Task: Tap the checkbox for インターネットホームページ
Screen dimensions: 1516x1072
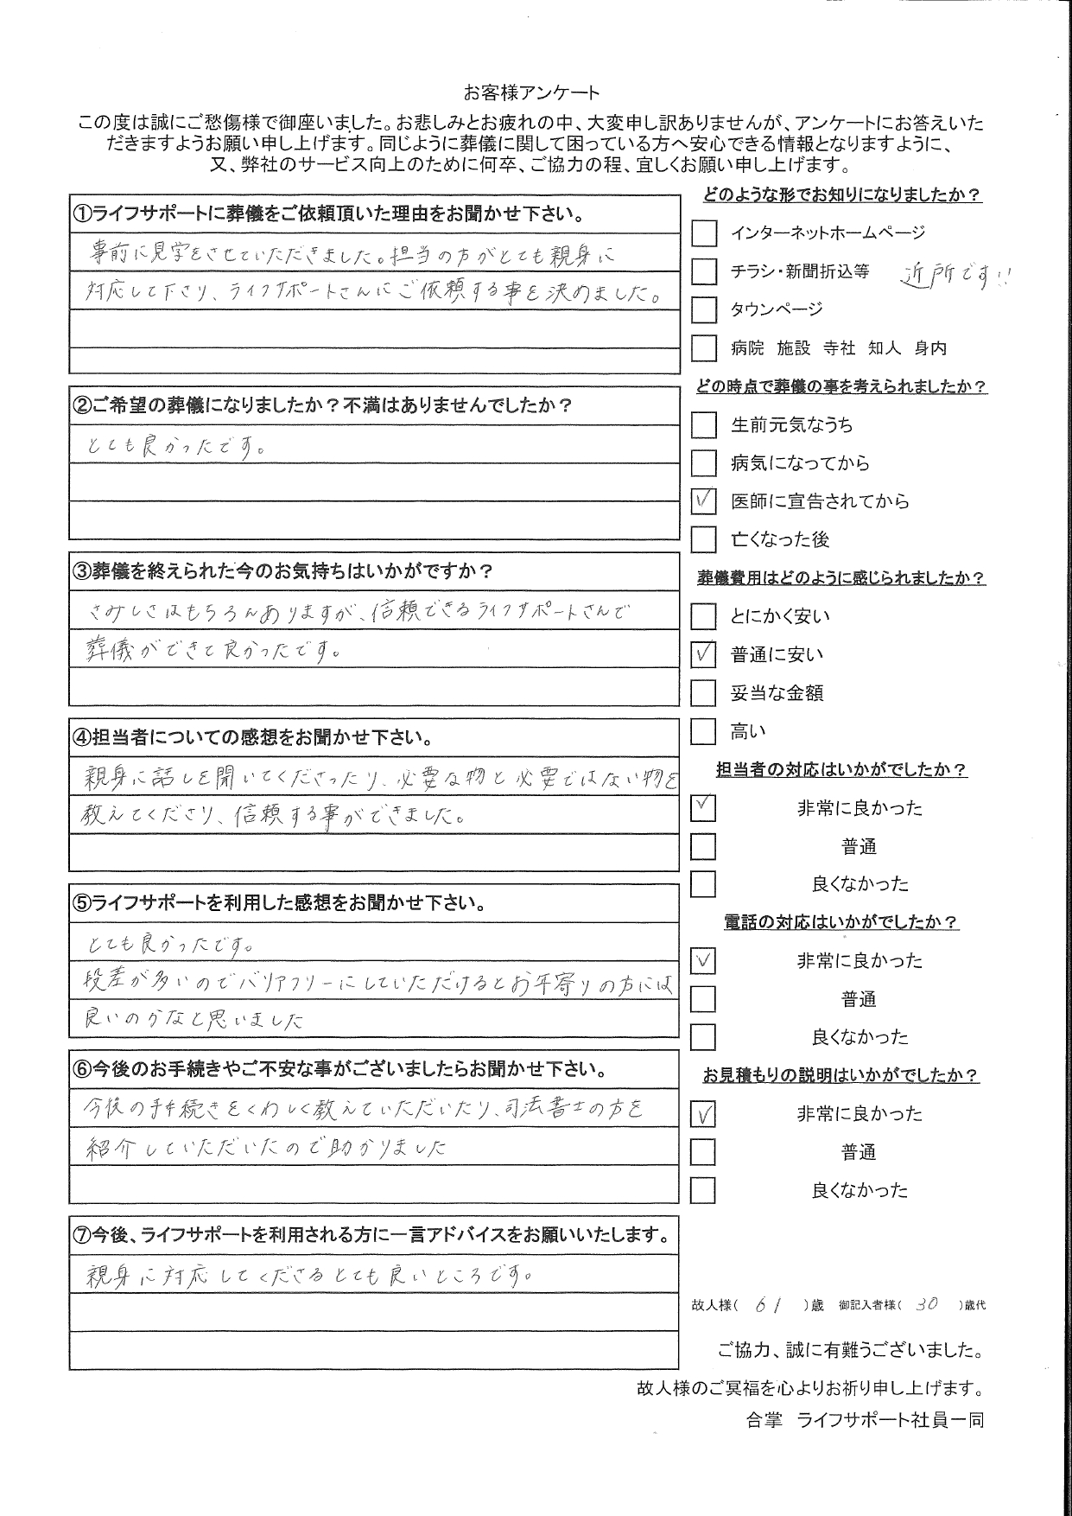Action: tap(704, 232)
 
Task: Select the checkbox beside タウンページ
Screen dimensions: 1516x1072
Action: tap(704, 309)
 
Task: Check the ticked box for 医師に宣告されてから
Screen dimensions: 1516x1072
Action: tap(704, 501)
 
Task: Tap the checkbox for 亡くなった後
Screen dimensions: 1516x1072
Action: tap(704, 539)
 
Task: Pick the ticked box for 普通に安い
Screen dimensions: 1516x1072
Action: tap(704, 654)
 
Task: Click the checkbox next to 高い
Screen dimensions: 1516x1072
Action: tap(704, 732)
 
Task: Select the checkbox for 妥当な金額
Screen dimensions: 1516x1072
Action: tap(704, 693)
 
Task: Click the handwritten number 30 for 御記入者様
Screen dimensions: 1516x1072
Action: tap(925, 1305)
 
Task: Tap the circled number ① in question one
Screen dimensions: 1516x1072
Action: tap(82, 214)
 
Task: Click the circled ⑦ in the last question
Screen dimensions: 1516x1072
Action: tap(82, 1236)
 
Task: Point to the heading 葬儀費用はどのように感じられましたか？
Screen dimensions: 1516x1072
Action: tap(840, 578)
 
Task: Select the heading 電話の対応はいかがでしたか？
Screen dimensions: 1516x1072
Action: tap(840, 922)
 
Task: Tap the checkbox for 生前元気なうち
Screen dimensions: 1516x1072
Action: tap(704, 424)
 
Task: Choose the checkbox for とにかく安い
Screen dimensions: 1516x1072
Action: tap(704, 616)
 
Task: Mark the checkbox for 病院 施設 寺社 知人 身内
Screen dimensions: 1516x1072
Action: tap(704, 348)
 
